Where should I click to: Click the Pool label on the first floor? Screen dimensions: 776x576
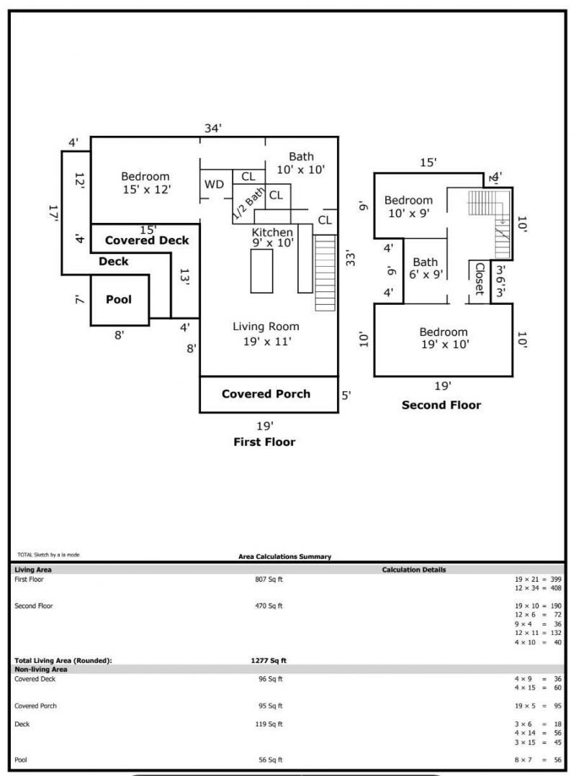(x=119, y=299)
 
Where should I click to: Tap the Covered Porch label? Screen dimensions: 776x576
(x=266, y=394)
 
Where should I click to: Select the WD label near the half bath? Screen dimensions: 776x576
(x=214, y=184)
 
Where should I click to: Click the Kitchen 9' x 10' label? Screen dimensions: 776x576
(x=272, y=238)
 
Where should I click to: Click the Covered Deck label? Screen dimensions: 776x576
(x=147, y=240)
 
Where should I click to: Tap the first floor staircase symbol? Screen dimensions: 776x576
(x=325, y=272)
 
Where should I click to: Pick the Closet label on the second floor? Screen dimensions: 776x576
(x=479, y=279)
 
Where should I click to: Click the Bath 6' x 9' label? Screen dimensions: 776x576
(x=425, y=268)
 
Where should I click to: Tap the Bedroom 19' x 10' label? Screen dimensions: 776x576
(x=444, y=338)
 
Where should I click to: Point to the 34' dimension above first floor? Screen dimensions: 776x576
(x=213, y=128)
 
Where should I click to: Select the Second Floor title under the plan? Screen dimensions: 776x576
(x=441, y=406)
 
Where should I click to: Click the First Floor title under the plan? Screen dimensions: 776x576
(x=264, y=442)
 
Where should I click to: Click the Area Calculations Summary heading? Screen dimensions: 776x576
(x=284, y=557)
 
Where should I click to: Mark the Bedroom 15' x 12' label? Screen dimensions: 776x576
(x=145, y=183)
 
